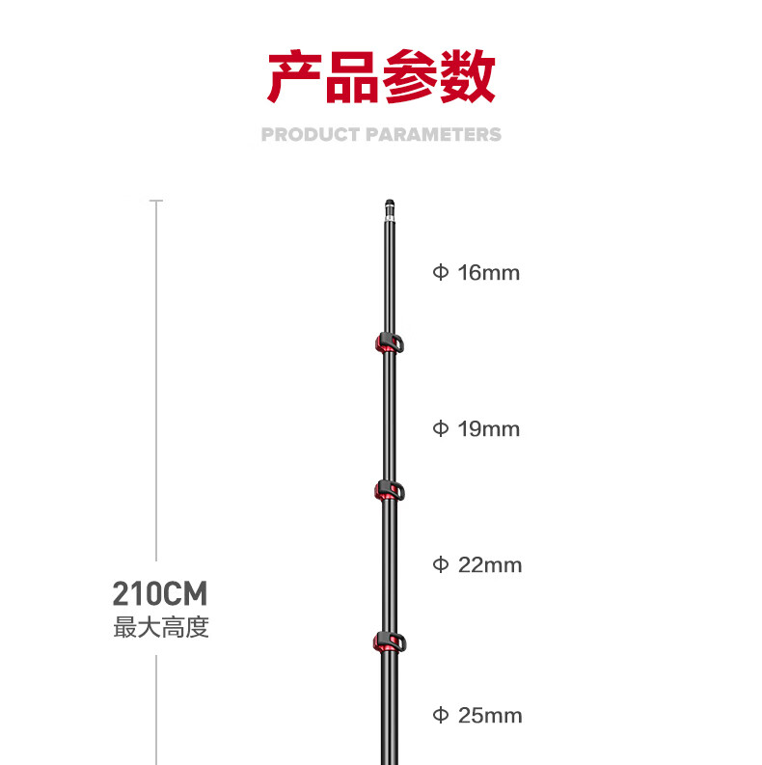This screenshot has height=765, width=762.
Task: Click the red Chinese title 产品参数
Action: tap(381, 77)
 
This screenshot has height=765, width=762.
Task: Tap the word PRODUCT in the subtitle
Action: tap(311, 134)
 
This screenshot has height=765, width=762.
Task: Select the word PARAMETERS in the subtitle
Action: tap(433, 134)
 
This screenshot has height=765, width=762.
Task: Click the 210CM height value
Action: tap(160, 592)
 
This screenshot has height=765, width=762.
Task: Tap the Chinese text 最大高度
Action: tap(161, 628)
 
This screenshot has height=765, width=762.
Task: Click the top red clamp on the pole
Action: tap(388, 343)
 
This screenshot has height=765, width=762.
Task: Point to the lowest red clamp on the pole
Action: tap(388, 642)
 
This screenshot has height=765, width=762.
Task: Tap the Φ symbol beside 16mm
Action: tap(441, 273)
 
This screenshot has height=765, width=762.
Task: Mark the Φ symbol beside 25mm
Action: tap(441, 716)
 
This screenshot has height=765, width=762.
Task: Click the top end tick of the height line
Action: tap(156, 202)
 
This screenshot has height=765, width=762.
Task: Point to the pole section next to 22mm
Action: tap(389, 564)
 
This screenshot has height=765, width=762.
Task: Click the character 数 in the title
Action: tap(468, 77)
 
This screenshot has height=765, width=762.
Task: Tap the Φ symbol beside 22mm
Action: tap(441, 564)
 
